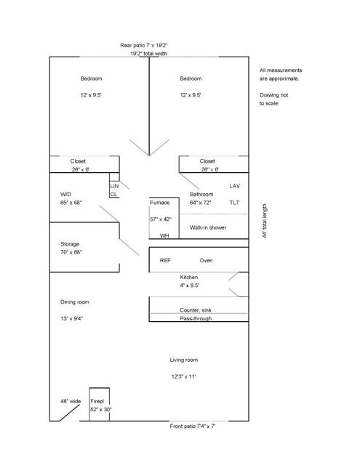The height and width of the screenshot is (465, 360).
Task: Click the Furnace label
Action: pos(160,203)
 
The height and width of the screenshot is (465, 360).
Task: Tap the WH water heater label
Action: pos(164,235)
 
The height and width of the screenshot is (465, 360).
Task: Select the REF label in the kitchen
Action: pos(165,261)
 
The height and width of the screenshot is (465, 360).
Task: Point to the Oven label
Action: pos(206,261)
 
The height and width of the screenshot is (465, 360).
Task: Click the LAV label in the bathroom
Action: pos(234,186)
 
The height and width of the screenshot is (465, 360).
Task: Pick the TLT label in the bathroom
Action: pos(234,203)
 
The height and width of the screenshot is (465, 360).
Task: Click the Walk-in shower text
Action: pos(208,227)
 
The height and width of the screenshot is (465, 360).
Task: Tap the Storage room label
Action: pos(70,244)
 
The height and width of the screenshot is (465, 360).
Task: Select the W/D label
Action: pos(65,195)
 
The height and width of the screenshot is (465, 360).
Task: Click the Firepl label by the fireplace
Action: pos(97,402)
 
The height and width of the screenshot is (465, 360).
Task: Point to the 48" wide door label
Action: pos(71,402)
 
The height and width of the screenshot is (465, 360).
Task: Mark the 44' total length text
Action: pos(265,221)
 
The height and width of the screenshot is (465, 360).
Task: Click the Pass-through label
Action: pos(196,318)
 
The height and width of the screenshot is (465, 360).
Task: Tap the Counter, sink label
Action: pos(196,310)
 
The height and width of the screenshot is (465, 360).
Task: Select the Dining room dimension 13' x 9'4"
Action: pos(71,319)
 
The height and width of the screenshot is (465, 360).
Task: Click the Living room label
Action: pos(184,360)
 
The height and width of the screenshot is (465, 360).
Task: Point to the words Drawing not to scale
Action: pos(273,100)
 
